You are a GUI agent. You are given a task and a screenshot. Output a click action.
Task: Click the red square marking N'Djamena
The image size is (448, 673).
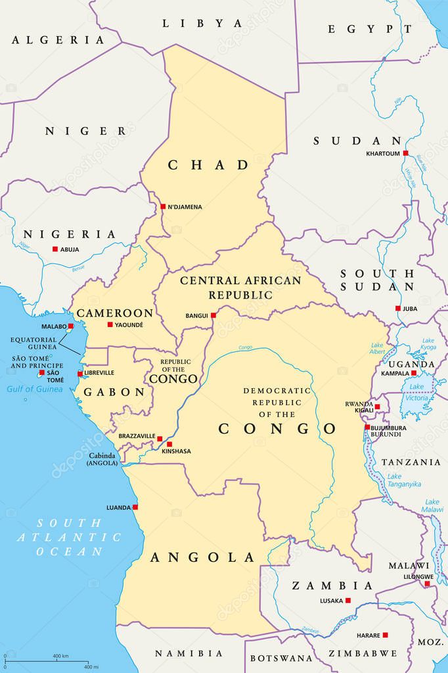[163, 207]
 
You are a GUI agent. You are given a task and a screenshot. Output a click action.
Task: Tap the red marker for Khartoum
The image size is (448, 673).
[405, 153]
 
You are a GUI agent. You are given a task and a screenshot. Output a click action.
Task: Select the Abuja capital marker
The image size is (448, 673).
[55, 249]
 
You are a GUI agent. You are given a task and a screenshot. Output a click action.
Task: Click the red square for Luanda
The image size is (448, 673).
[135, 507]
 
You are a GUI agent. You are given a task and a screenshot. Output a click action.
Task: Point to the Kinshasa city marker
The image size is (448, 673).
[169, 444]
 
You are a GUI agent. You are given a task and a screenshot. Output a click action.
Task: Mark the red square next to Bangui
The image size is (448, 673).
[213, 316]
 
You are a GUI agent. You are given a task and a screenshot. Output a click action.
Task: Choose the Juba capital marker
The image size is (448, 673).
[397, 309]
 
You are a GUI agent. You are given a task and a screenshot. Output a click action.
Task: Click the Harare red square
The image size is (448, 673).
[385, 635]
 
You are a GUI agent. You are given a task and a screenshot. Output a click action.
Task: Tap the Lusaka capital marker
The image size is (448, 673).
[347, 600]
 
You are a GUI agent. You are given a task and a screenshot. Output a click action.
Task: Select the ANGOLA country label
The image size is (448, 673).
[203, 558]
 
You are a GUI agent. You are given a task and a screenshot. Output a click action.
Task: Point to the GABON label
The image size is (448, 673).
[114, 392]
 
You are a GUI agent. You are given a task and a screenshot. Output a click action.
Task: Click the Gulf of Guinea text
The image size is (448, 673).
[35, 389]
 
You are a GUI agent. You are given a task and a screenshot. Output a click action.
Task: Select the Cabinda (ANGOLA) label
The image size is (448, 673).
[102, 459]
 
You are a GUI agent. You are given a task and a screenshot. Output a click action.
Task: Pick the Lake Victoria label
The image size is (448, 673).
[418, 393]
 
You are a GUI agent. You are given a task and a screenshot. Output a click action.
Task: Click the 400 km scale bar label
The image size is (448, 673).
[60, 656]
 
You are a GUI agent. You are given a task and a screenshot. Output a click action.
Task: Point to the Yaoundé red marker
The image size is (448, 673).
[110, 324]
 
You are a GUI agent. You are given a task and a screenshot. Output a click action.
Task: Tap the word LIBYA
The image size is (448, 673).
[202, 23]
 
